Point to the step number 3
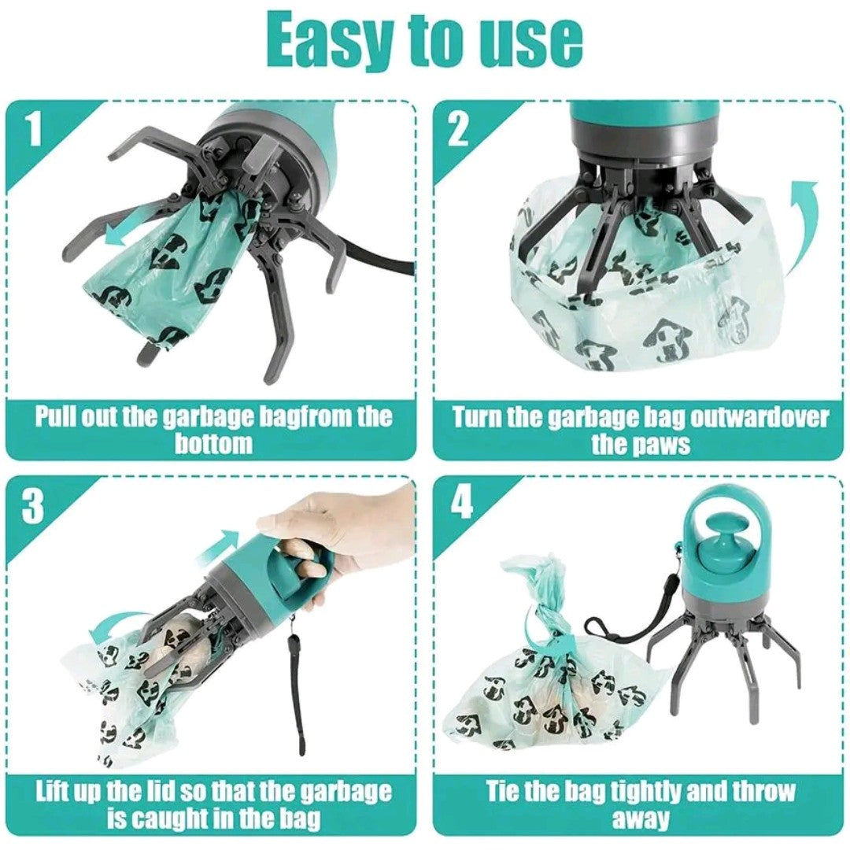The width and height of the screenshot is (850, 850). tap(32, 507)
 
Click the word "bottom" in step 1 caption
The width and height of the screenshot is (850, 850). tap(213, 444)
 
